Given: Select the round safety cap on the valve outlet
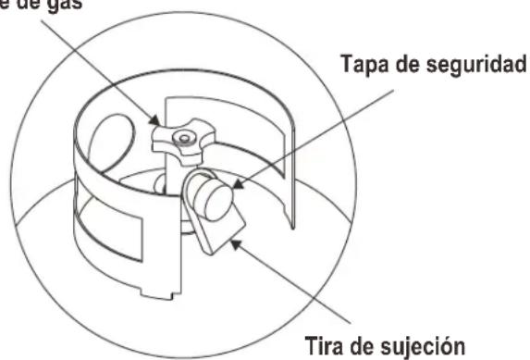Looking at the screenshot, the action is pyautogui.click(x=215, y=196).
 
